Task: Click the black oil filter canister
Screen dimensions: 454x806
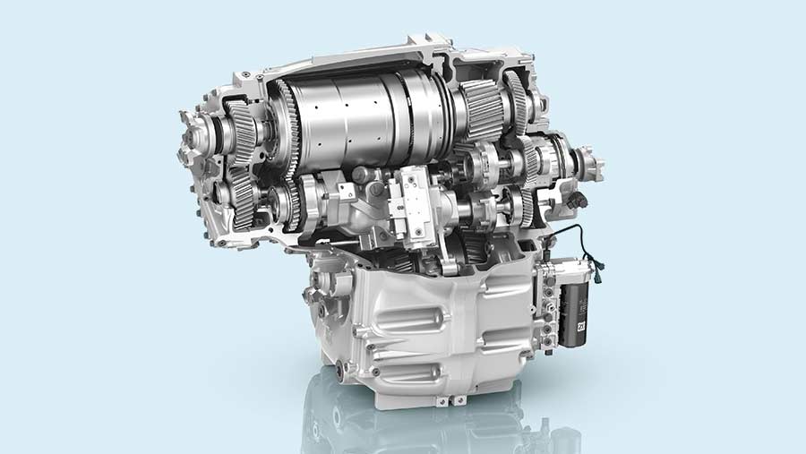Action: point(573,313)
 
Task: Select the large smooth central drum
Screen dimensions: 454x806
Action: point(358,125)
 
